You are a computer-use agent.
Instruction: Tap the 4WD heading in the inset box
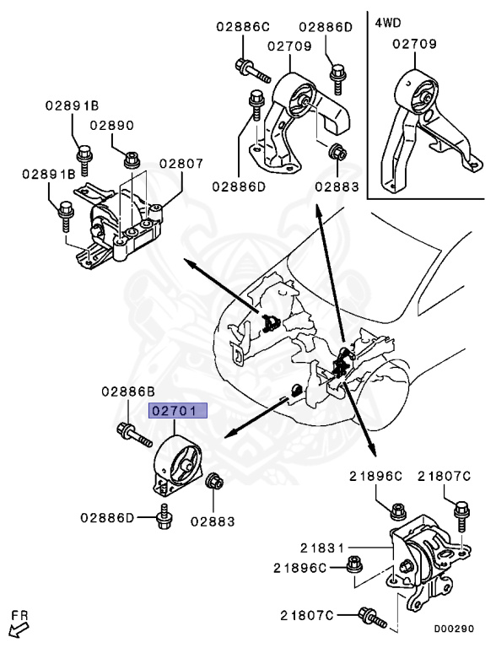[x=388, y=23]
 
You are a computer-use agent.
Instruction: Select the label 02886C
[x=243, y=27]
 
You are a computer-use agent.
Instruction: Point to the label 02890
[x=112, y=125]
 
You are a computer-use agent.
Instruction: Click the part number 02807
[x=181, y=164]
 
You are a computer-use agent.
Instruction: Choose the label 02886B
[x=128, y=391]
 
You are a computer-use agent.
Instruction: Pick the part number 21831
[x=322, y=548]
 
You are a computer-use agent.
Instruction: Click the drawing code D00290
[x=454, y=629]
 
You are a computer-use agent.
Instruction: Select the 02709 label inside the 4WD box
[x=414, y=44]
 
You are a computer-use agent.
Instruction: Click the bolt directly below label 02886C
[x=252, y=71]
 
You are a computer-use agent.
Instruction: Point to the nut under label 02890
[x=132, y=159]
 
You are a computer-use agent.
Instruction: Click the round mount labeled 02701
[x=178, y=465]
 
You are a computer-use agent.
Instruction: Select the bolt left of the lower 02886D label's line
[x=164, y=516]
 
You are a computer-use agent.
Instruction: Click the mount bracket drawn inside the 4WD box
[x=430, y=128]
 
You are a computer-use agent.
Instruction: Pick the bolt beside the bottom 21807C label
[x=372, y=618]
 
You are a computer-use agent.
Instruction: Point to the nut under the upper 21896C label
[x=398, y=510]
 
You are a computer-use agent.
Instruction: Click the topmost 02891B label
[x=72, y=105]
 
